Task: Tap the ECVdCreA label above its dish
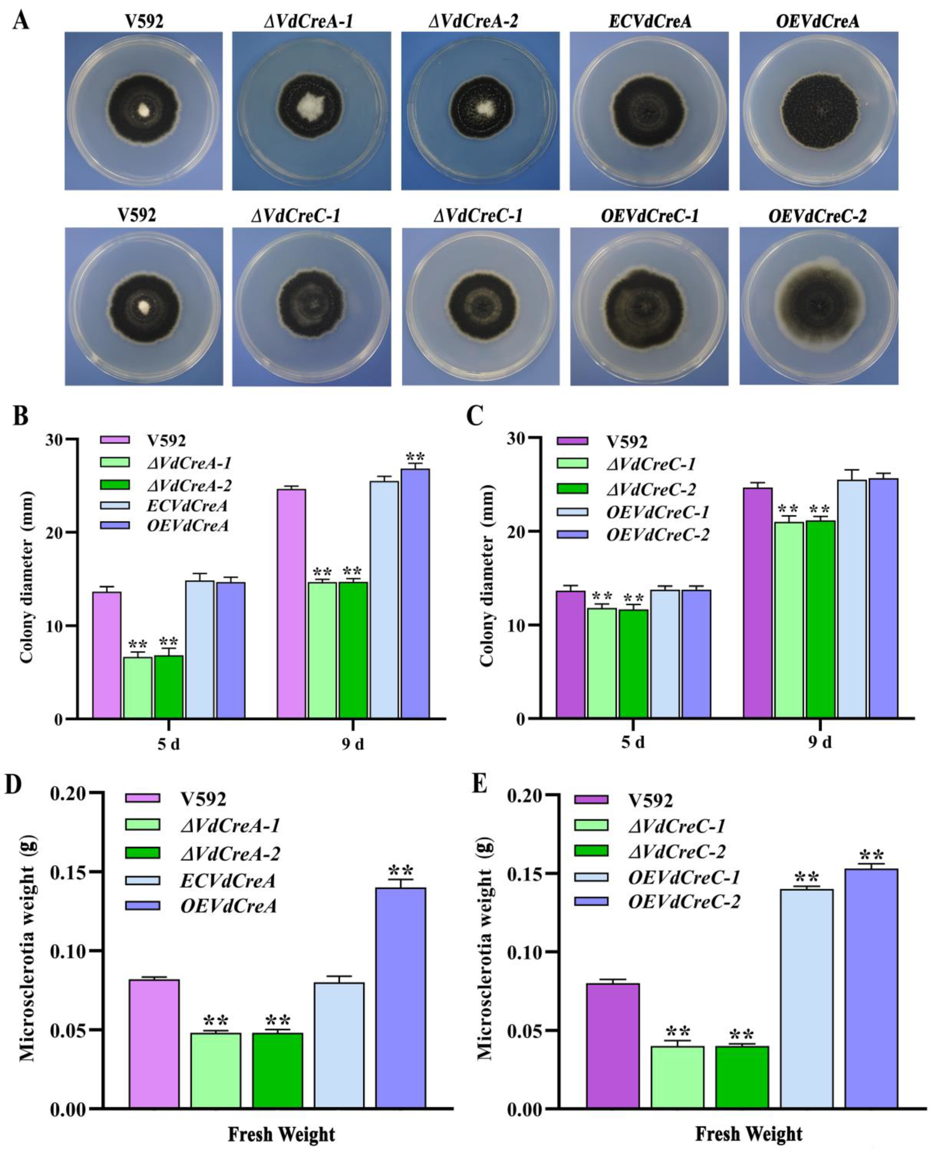point(649,22)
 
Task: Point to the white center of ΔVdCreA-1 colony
point(311,104)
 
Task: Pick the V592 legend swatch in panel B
point(115,440)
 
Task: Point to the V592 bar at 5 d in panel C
point(570,655)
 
